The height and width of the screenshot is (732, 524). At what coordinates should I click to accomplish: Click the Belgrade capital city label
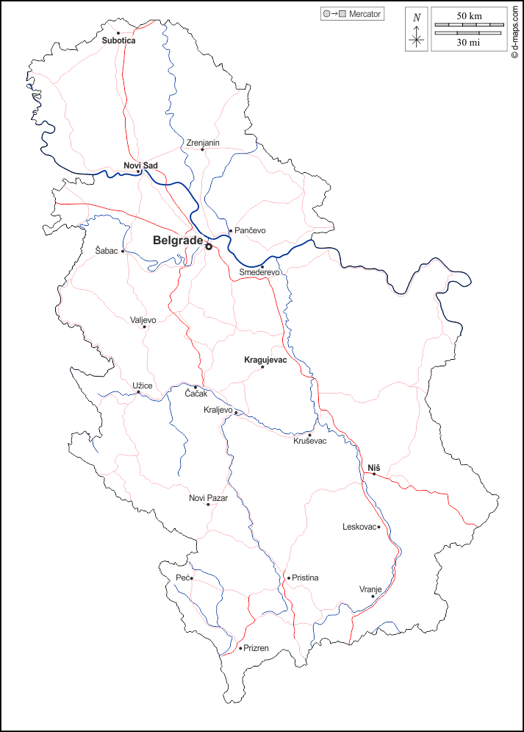click(177, 241)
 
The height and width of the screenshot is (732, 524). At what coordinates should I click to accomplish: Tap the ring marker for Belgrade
click(209, 247)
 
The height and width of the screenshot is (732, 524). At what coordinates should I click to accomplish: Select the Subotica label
click(119, 40)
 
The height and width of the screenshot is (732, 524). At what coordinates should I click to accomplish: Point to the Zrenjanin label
click(203, 143)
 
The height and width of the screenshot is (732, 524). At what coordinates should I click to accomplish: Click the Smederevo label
click(260, 273)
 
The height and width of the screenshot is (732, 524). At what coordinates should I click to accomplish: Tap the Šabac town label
click(107, 251)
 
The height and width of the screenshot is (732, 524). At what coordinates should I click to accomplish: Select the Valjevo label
click(143, 319)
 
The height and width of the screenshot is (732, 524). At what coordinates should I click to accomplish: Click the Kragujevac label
click(265, 360)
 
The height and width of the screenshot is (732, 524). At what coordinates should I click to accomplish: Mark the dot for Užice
click(139, 392)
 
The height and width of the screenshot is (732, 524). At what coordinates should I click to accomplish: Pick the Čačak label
click(196, 395)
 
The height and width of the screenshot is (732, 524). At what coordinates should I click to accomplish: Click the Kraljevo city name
click(218, 410)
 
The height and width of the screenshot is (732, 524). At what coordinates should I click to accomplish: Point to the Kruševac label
click(309, 441)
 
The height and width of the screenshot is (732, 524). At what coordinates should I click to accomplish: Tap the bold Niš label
click(373, 467)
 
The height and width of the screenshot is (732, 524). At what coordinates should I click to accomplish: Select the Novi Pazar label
click(208, 498)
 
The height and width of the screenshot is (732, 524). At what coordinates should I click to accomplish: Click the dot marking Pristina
click(289, 578)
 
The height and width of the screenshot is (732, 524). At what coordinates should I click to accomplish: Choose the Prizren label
click(256, 648)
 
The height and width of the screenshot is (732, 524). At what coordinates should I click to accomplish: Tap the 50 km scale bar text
click(469, 16)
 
